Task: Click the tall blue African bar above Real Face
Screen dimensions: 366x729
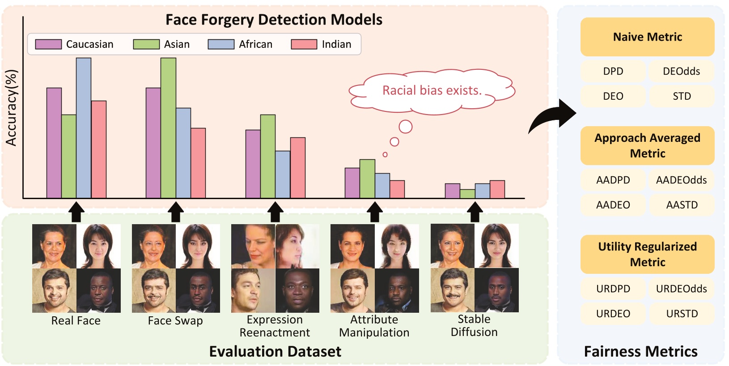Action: (x=84, y=128)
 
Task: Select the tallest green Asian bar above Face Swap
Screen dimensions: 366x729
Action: (x=168, y=128)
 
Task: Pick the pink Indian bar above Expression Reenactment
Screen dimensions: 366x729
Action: (x=298, y=168)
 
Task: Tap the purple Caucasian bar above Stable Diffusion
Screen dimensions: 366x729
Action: (x=452, y=191)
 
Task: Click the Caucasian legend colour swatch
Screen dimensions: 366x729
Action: (x=48, y=44)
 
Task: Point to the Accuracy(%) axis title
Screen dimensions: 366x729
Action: (x=11, y=107)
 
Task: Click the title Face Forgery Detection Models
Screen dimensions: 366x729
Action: (x=274, y=20)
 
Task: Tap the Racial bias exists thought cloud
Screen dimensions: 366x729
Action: (x=432, y=91)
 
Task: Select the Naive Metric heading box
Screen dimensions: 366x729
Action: (x=647, y=37)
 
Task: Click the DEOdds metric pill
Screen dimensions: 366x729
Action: (x=681, y=71)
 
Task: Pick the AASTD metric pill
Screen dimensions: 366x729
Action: (x=681, y=205)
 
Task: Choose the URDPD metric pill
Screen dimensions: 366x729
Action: (x=613, y=289)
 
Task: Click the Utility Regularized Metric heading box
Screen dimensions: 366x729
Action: (x=647, y=254)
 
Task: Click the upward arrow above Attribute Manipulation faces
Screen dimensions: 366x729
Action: (x=374, y=212)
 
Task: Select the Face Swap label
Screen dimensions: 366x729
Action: (x=175, y=321)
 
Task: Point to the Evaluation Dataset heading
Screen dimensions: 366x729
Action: (x=275, y=352)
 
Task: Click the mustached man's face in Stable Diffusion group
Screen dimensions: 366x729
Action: (x=452, y=290)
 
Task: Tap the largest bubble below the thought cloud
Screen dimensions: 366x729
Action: (x=405, y=127)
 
